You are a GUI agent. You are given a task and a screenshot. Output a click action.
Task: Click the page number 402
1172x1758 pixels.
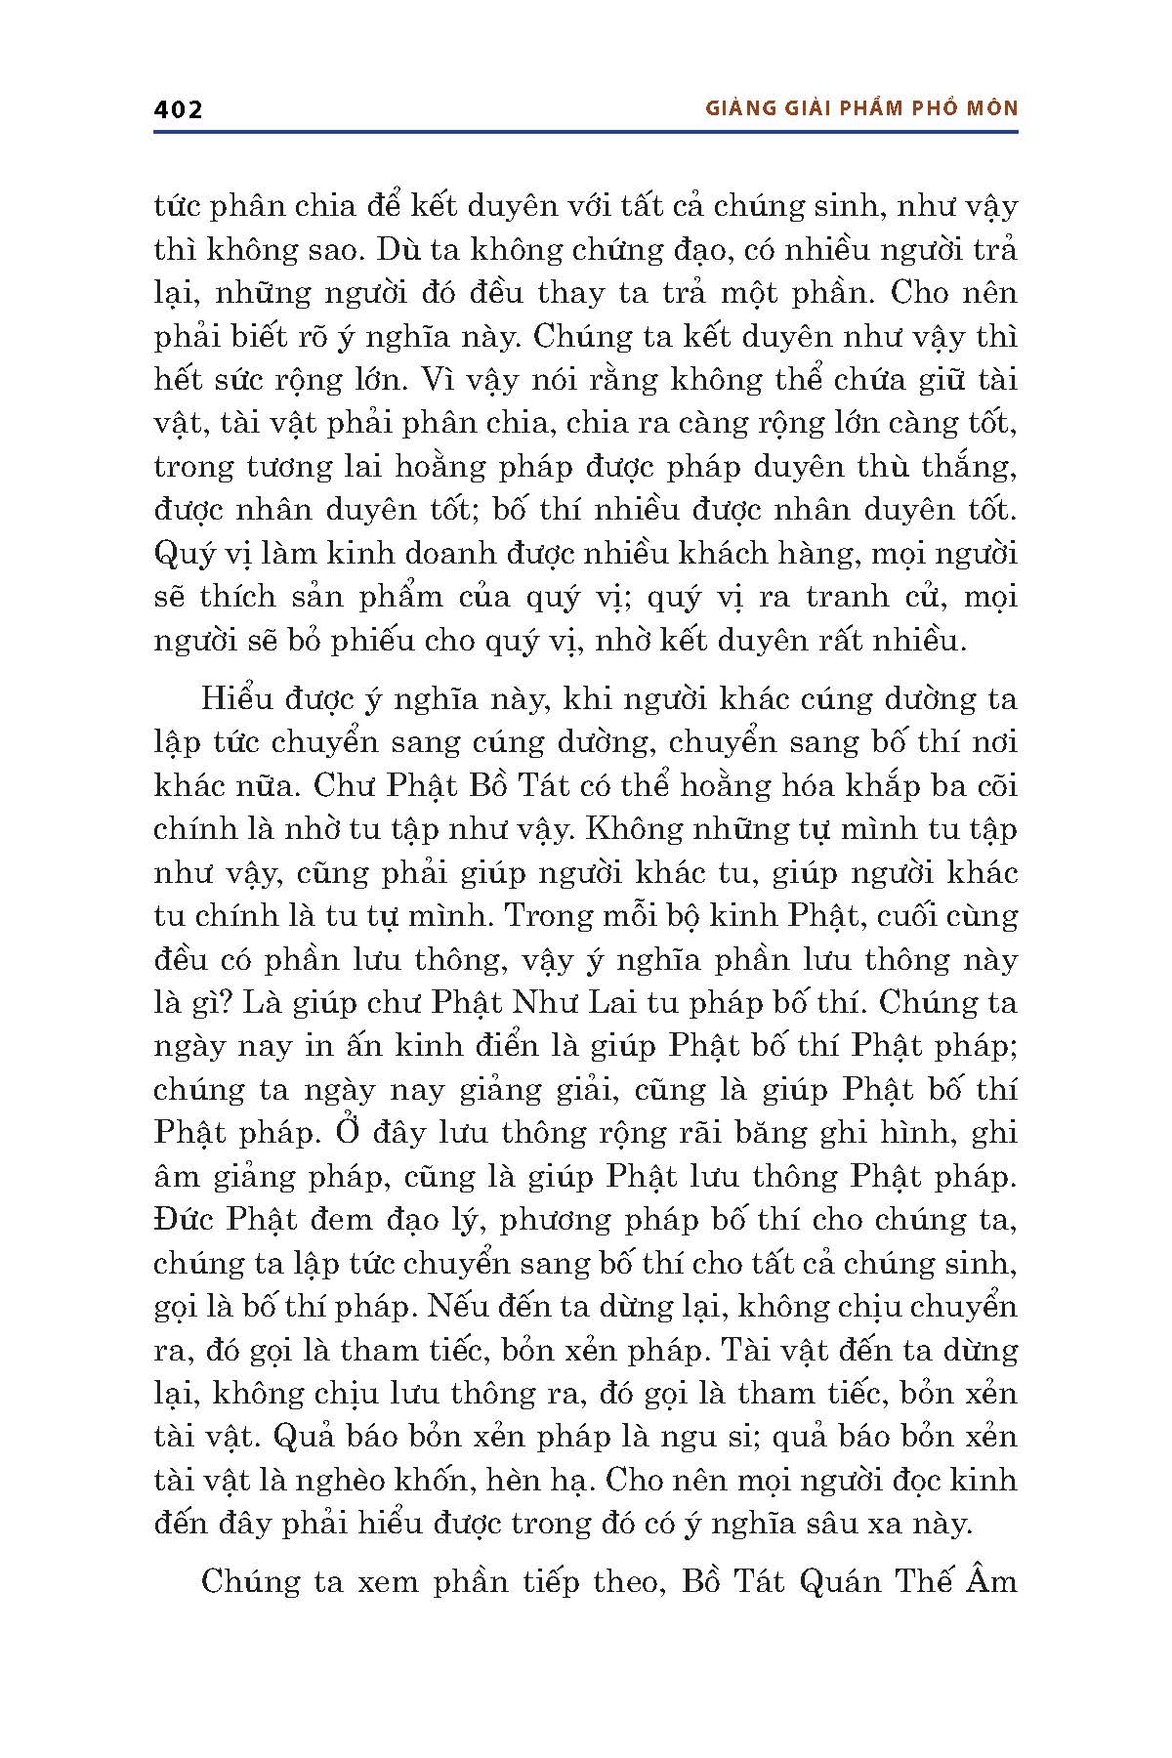[178, 109]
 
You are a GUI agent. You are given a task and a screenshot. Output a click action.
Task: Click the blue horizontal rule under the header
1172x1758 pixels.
[586, 131]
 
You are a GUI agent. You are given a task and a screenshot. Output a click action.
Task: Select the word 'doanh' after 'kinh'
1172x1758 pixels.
[444, 554]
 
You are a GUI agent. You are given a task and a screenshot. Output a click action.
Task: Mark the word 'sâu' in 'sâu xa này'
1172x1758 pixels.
[836, 1524]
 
